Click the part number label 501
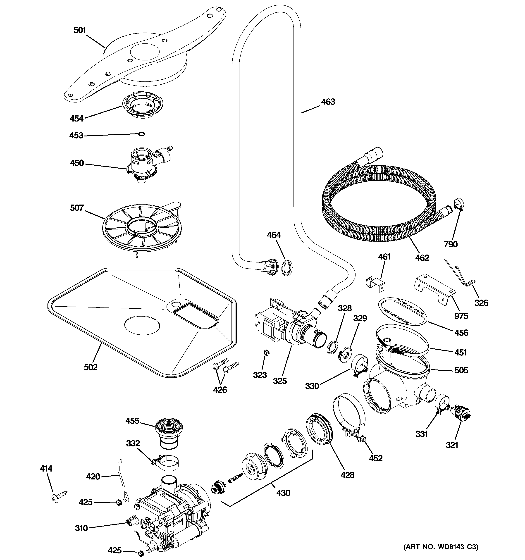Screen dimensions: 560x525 (79, 30)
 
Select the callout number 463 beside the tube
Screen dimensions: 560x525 (328, 102)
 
